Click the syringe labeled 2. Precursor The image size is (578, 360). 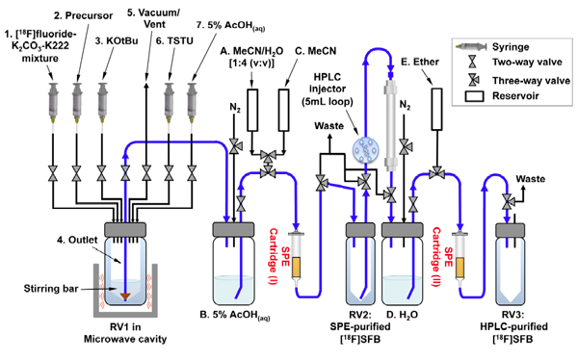pos(77,102)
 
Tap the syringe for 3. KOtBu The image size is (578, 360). pos(101,102)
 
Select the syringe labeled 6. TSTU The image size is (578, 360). pos(170,102)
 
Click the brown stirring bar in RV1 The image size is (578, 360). pos(125,296)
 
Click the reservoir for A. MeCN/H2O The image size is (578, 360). pos(252,110)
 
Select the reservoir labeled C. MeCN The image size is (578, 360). pos(283,110)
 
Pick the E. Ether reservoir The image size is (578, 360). pos(436,109)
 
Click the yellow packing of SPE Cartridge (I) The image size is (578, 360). pos(297,268)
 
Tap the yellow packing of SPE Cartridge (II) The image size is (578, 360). pos(460,268)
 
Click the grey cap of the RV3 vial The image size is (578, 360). pos(510,231)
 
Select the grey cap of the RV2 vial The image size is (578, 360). pos(359,230)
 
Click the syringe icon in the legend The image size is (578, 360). pos(471,47)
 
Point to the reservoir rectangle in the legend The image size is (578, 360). pos(474,96)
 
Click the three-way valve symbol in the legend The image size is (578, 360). pos(473,80)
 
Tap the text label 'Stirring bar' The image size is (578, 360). pos(51,288)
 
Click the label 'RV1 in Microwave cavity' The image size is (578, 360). pos(125,333)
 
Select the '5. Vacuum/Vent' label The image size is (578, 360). pos(153,18)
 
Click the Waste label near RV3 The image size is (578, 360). pos(531,179)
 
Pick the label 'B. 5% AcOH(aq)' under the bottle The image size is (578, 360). pos(235,315)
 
